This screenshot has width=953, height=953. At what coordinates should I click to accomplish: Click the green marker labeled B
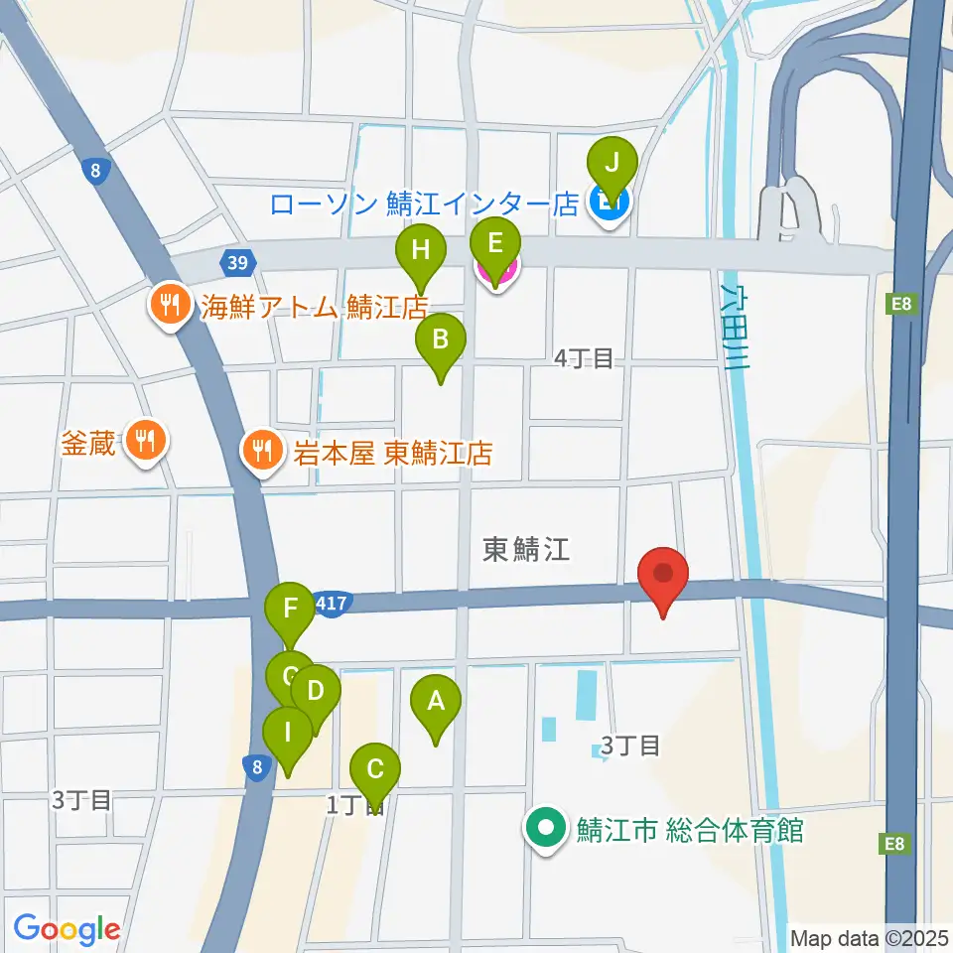coord(440,341)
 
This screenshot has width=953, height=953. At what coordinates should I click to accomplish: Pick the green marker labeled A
coord(434,703)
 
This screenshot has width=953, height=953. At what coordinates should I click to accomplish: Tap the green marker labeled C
coord(375,770)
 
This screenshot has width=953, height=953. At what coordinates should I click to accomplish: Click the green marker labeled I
coord(287,735)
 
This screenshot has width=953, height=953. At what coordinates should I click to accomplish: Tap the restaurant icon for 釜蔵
coord(146,440)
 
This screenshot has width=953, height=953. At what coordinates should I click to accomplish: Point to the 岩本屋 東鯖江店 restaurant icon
coord(262,453)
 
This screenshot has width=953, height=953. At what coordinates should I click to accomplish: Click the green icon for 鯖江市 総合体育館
coord(546,829)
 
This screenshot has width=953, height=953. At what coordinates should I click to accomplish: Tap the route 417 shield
coord(330,602)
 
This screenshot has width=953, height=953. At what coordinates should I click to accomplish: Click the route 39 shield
coord(236,263)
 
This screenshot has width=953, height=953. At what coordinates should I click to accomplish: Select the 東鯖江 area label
coord(526,549)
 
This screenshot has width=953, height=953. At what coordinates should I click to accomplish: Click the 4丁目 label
coord(584,358)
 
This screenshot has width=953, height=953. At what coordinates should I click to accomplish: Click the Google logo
coord(67,929)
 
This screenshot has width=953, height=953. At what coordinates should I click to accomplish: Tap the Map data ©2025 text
coord(867,936)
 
